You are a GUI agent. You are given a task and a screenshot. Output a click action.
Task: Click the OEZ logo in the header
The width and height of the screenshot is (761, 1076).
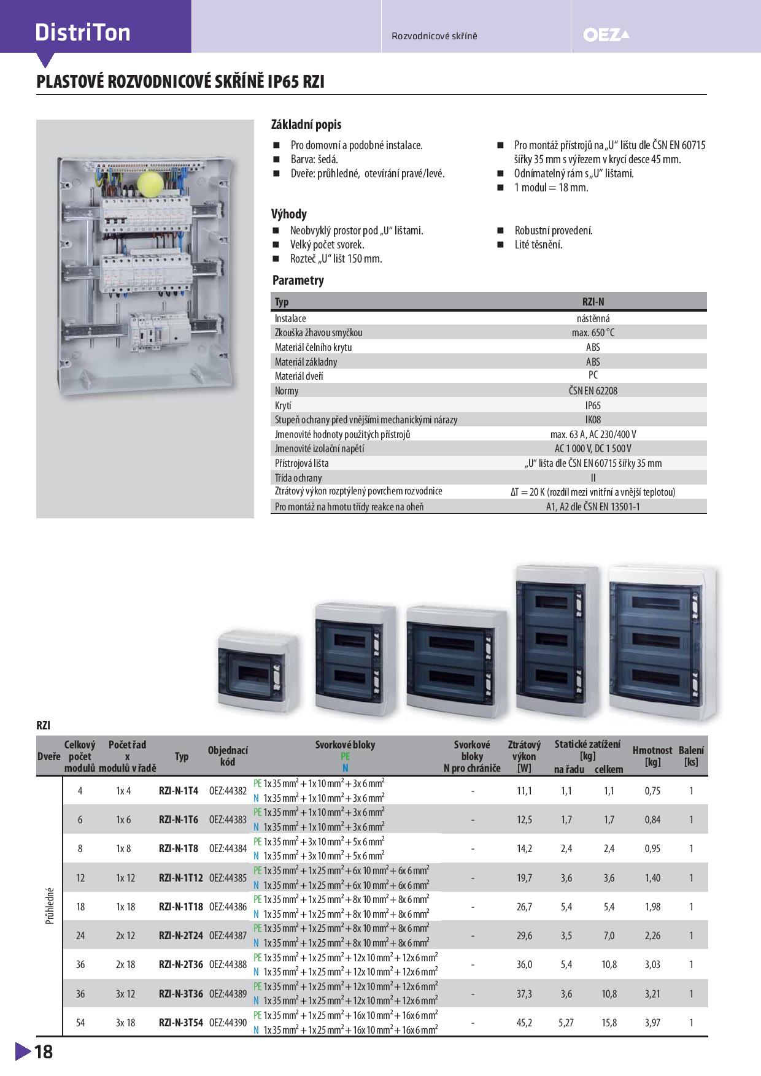[x=606, y=36]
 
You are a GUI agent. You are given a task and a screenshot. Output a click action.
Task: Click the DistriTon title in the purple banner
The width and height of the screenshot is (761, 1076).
[x=83, y=33]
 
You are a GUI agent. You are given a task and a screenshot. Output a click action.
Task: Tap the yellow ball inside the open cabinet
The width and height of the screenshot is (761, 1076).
[x=150, y=183]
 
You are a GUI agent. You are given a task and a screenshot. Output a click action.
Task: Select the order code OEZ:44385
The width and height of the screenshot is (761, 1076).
[x=228, y=878]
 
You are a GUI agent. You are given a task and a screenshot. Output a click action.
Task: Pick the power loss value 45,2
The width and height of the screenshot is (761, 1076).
[x=524, y=1023]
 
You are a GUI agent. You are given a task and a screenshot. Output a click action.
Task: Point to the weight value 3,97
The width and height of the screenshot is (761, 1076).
[x=652, y=1023]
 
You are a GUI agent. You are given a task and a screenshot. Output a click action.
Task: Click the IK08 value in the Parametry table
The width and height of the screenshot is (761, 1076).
[x=593, y=420]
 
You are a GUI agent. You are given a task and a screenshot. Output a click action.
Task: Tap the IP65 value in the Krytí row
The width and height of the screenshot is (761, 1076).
[x=593, y=405]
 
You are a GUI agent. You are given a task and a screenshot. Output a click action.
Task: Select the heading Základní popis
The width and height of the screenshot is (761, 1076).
[x=306, y=125]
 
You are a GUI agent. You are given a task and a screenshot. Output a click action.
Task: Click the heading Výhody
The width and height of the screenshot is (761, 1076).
[x=289, y=214]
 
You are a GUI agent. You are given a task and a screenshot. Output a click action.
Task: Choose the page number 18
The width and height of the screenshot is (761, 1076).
[x=44, y=1052]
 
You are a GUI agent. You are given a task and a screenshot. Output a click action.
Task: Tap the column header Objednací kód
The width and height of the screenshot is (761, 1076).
[x=228, y=756]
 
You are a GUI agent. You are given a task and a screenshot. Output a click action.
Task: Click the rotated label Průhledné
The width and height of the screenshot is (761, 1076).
[x=50, y=906]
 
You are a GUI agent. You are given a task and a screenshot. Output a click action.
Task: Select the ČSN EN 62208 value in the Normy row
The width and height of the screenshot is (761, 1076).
[x=593, y=391]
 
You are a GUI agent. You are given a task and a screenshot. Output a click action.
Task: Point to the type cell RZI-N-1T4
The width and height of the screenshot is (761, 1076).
[x=179, y=791]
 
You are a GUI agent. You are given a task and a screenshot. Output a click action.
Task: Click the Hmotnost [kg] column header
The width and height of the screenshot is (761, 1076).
[x=652, y=756]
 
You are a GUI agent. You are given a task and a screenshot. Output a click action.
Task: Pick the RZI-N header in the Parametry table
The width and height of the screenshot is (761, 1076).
[x=593, y=302]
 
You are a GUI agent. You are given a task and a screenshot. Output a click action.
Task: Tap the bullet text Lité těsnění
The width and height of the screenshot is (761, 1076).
[x=539, y=245]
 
